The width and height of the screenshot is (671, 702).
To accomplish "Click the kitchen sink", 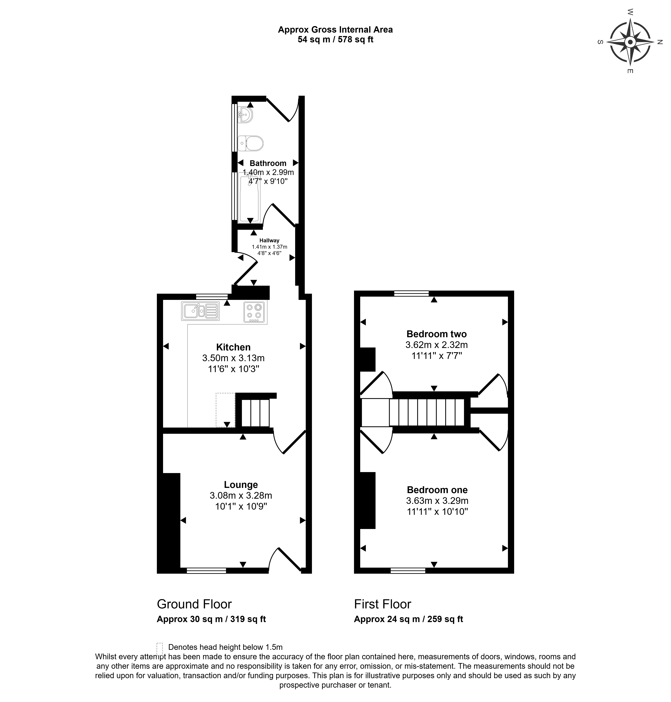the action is [200, 311].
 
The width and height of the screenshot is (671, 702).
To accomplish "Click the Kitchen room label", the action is [233, 347].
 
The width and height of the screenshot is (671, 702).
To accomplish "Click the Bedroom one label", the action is [437, 490].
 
